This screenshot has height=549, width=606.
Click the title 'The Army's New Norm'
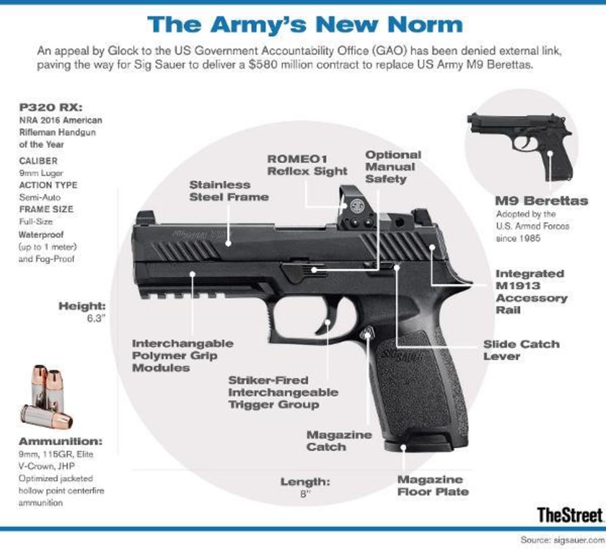coord(305,25)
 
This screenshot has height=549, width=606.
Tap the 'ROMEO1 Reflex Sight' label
coord(307,165)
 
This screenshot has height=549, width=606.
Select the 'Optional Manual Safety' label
coord(393,167)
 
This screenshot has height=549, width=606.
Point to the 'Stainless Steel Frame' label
coord(229,191)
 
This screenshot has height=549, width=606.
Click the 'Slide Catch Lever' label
coord(521,350)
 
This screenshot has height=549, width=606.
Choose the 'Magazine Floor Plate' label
coord(433,486)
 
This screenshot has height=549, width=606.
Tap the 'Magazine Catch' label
coord(339,441)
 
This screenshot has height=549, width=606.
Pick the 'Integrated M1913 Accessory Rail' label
coord(531,292)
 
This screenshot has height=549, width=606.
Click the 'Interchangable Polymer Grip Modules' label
coord(183,355)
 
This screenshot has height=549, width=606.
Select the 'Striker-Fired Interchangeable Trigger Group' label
coord(283,392)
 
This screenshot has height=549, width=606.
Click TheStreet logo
coord(570,515)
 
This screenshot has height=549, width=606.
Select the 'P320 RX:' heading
coord(50,107)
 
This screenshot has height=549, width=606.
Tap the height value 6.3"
coord(95,318)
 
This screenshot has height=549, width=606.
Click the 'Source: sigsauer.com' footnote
coord(562,540)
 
